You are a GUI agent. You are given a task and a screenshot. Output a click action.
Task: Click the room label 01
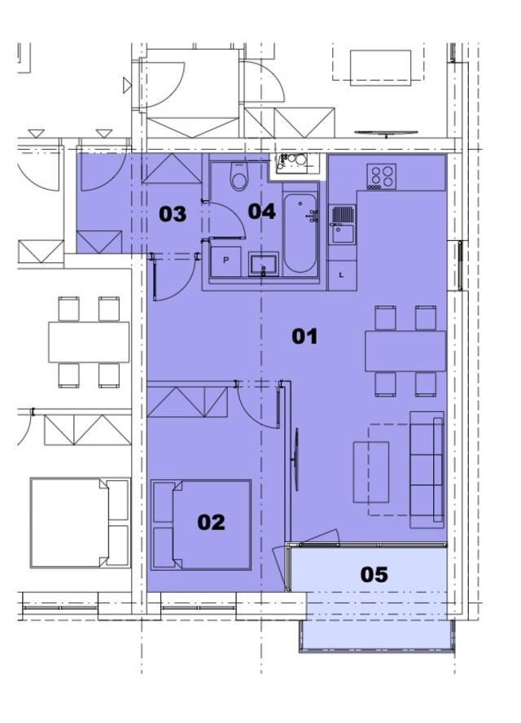[x=304, y=336]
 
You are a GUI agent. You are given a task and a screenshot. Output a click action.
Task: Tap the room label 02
[x=211, y=523]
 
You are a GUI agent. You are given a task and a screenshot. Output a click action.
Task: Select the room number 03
[x=173, y=214]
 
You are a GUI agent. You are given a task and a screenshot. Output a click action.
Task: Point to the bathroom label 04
[x=262, y=212]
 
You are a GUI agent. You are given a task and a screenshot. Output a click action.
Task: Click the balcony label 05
[x=374, y=575]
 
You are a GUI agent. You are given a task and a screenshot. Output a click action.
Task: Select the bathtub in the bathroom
[x=300, y=232]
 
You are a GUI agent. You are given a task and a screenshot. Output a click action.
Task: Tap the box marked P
[x=226, y=261]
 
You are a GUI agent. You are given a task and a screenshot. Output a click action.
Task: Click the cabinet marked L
[x=342, y=275]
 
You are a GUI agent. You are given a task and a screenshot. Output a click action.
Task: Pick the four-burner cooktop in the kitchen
[x=381, y=177]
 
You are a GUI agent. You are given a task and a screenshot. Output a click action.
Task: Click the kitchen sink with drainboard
[x=342, y=225]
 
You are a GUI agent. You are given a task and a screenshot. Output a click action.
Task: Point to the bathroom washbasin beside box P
[x=264, y=265]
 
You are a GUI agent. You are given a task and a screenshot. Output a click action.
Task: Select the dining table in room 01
[x=405, y=351]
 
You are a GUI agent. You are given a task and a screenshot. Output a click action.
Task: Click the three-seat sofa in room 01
[x=427, y=470]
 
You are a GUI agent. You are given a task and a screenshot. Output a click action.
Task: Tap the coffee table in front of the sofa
[x=371, y=472]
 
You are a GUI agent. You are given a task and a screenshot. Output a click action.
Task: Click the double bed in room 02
[x=201, y=524]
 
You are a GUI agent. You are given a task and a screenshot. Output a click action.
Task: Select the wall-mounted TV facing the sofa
[x=296, y=459]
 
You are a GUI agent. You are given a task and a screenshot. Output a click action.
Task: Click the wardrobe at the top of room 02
[x=187, y=402]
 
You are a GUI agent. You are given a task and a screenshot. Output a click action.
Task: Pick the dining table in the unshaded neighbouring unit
[x=89, y=342]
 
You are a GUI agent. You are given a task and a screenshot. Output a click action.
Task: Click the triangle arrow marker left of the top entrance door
[x=127, y=85]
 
